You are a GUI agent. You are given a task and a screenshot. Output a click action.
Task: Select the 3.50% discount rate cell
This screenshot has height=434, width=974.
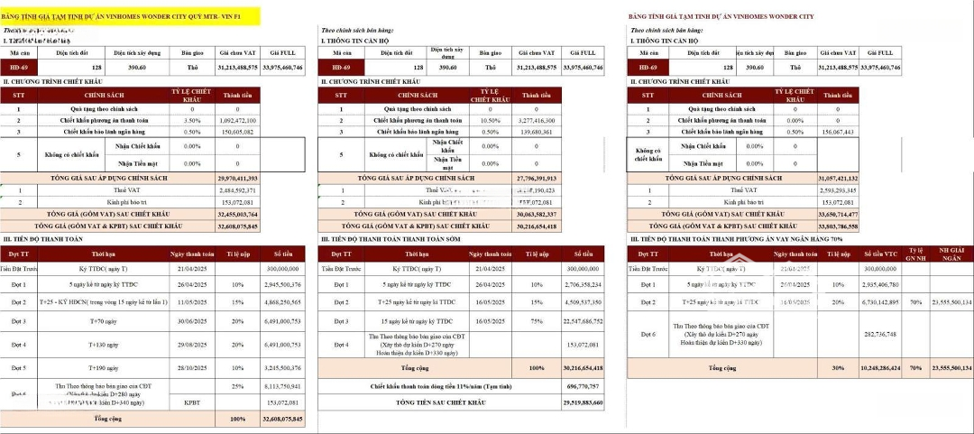click(x=192, y=121)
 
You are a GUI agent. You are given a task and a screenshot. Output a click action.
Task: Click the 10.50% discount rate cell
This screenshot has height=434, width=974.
click(x=490, y=121)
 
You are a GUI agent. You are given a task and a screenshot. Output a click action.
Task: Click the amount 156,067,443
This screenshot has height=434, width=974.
click(x=837, y=132)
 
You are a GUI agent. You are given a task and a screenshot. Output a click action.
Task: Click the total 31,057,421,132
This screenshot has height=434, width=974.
click(x=837, y=180)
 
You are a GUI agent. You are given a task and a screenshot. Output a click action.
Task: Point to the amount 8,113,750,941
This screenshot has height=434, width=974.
click(x=280, y=386)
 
